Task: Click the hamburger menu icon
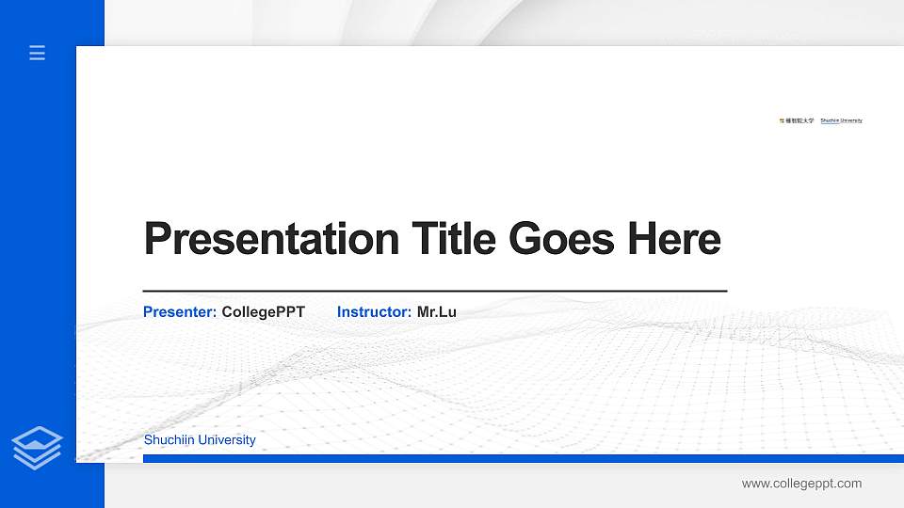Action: tap(37, 53)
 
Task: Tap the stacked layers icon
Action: tap(37, 447)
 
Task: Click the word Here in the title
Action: tap(673, 239)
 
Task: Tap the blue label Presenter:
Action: tap(180, 311)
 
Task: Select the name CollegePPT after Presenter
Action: tap(264, 311)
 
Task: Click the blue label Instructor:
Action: tap(374, 311)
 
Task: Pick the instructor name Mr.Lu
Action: tap(437, 311)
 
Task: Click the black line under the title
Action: tap(434, 291)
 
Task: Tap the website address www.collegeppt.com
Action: tap(801, 484)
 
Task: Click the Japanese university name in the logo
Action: tap(800, 120)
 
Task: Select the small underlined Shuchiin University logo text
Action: tap(841, 120)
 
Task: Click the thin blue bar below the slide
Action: tap(523, 458)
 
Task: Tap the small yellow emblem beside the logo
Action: tap(782, 120)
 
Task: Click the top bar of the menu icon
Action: tap(37, 46)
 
